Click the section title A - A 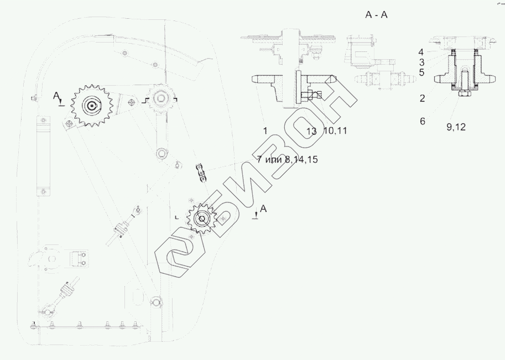(x=376, y=15)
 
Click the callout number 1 (x=265, y=131)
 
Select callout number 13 (x=311, y=131)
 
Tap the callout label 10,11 (x=335, y=131)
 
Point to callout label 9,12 (x=456, y=127)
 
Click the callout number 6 (x=422, y=121)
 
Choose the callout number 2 (x=422, y=98)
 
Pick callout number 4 (x=421, y=52)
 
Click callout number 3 (x=421, y=62)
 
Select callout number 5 (x=421, y=72)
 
